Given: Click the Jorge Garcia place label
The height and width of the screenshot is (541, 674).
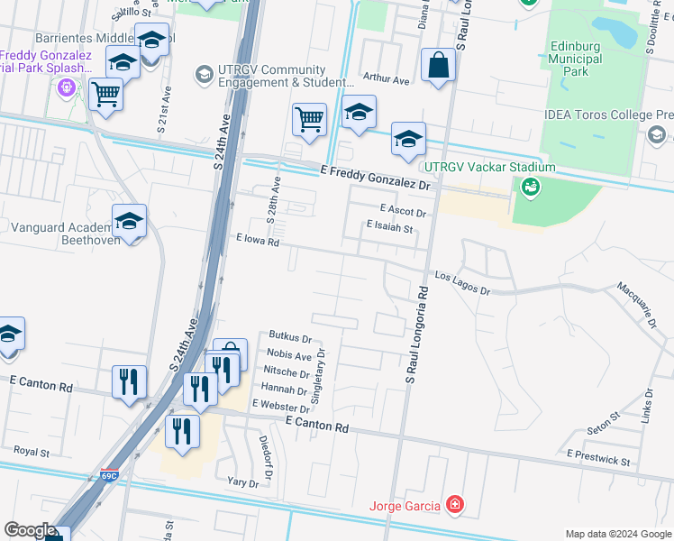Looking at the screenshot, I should coord(405,505).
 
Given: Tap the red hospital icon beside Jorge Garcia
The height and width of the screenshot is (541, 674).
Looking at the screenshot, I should coord(456,505).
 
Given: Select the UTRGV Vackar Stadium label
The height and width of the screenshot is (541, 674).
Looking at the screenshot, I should coord(490,167).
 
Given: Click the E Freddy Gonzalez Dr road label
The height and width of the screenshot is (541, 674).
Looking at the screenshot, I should coord(378,176).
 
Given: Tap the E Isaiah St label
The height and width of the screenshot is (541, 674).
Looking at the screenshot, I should coord(389,229).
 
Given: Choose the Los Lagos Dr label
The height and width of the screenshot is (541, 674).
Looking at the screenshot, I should coord(461,284).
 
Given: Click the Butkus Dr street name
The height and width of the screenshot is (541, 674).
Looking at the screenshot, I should coord(288,340).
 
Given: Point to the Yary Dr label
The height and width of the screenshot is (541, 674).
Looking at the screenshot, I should coord(242,483).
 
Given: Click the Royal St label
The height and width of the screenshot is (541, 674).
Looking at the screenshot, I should coord(31,451).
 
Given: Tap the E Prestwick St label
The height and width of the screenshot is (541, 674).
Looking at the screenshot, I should coord(598,460).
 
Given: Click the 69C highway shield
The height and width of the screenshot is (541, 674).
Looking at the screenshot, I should coord(109,475).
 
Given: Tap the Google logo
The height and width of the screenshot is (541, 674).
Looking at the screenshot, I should coord(29,530).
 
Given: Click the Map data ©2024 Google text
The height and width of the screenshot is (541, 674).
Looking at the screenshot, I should coord(617,534).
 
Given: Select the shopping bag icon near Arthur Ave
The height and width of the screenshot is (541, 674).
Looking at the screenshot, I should coord(438,66).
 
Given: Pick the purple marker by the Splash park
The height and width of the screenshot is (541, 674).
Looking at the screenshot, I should coord(65,88).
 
